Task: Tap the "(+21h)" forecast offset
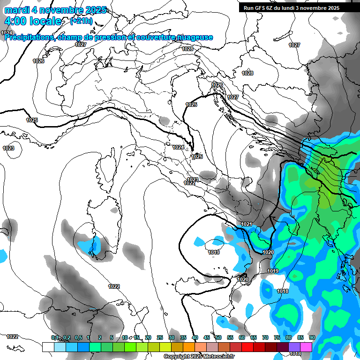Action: pyautogui.click(x=81, y=21)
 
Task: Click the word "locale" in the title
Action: pyautogui.click(x=46, y=21)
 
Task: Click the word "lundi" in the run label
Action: pyautogui.click(x=300, y=8)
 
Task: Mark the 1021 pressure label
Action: pyautogui.click(x=247, y=225)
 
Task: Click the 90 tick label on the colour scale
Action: pyautogui.click(x=312, y=338)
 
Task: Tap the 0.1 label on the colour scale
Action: pyautogui.click(x=55, y=338)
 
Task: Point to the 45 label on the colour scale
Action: pyautogui.click(x=206, y=338)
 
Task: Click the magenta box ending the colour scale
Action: pyautogui.click(x=306, y=347)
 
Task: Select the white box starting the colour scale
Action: pyautogui.click(x=48, y=347)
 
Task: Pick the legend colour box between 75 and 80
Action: pyautogui.click(x=283, y=347)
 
